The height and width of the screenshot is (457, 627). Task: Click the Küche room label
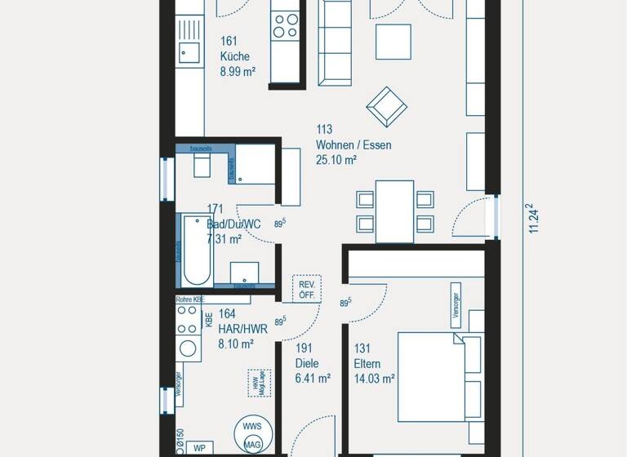pyautogui.click(x=234, y=57)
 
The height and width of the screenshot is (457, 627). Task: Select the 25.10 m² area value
pyautogui.click(x=336, y=160)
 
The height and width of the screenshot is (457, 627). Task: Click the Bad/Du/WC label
pyautogui.click(x=233, y=224)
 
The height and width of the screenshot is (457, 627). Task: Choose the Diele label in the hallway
pyautogui.click(x=307, y=364)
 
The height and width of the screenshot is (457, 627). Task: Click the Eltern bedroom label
pyautogui.click(x=368, y=364)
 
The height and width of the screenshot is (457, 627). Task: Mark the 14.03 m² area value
pyautogui.click(x=374, y=379)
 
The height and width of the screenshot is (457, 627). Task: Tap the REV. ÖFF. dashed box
pyautogui.click(x=307, y=290)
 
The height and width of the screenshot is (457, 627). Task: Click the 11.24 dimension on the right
pyautogui.click(x=534, y=219)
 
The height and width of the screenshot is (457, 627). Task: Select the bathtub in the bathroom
pyautogui.click(x=197, y=249)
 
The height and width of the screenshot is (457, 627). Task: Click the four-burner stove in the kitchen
pyautogui.click(x=286, y=24)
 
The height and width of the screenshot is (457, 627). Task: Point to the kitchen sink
pyautogui.click(x=189, y=54)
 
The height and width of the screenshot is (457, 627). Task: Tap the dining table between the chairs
pyautogui.click(x=394, y=211)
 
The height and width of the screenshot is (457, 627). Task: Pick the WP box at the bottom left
pyautogui.click(x=199, y=448)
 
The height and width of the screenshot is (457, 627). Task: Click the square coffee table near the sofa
pyautogui.click(x=393, y=41)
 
